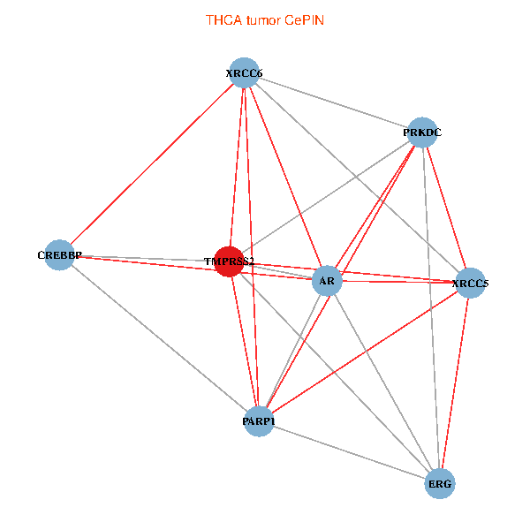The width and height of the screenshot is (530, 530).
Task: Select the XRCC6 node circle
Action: tap(244, 73)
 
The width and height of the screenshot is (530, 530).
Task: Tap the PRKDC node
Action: tap(422, 132)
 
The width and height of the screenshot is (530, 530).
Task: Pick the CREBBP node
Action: tap(59, 255)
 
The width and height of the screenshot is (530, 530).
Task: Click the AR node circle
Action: tap(328, 282)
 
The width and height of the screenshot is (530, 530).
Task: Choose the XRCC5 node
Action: tap(470, 284)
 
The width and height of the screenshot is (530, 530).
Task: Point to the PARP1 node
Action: tap(258, 421)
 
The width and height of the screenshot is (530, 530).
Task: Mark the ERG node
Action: tap(440, 484)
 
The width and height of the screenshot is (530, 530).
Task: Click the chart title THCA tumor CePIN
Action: tap(265, 19)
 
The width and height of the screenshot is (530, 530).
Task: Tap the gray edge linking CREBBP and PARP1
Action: tap(159, 338)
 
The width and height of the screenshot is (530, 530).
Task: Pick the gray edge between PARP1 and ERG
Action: tap(349, 453)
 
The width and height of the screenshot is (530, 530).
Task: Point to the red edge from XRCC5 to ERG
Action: tap(455, 383)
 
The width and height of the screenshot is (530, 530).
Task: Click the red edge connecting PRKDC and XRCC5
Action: tap(446, 208)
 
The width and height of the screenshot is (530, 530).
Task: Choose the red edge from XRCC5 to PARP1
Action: tap(364, 352)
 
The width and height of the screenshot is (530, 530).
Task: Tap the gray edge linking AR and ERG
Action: tap(383, 382)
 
